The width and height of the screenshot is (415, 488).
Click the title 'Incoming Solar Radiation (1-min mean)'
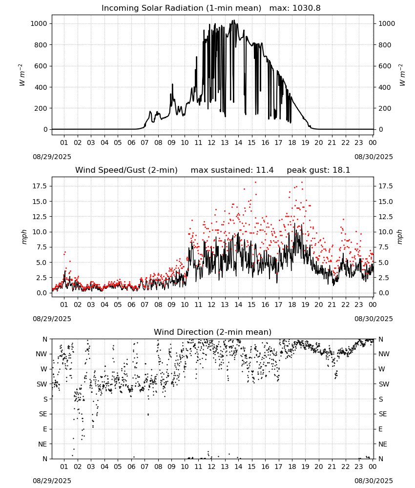coord(181,8)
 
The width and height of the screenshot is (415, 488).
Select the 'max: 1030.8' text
coord(295,8)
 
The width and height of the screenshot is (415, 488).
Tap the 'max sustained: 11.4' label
coord(232,170)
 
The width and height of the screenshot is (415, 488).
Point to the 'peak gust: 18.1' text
coord(318,170)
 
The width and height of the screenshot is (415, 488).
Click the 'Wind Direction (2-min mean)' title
coord(213,332)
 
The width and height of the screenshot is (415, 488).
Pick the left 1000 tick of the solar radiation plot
coord(39,23)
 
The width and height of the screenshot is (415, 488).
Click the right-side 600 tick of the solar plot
coord(385,66)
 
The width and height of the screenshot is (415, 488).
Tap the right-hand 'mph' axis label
coord(400,237)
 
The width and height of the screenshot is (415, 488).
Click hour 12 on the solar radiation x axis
coord(211,143)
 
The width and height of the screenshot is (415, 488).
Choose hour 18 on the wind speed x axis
coord(292,305)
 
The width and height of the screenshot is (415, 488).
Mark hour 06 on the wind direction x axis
coord(131,467)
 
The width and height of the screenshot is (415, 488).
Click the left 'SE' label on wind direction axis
coord(43,414)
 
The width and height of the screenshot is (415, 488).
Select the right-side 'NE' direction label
coord(383,444)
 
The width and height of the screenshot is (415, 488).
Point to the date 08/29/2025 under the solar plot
coord(52,157)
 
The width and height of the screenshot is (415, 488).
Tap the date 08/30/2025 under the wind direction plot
coord(373,481)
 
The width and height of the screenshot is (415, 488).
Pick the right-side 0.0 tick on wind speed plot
coord(383,293)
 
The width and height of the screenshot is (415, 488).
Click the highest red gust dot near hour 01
coord(65,252)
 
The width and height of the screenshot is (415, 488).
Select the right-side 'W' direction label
coord(382,369)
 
